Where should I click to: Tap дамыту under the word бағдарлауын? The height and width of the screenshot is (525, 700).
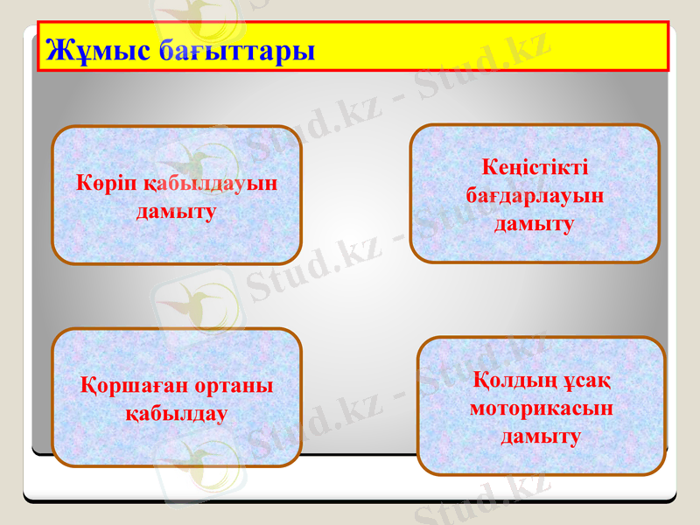[x=535, y=224]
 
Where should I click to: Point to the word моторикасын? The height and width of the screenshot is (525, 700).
[x=541, y=408]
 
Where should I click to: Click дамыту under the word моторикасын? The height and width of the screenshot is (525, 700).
[x=541, y=436]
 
